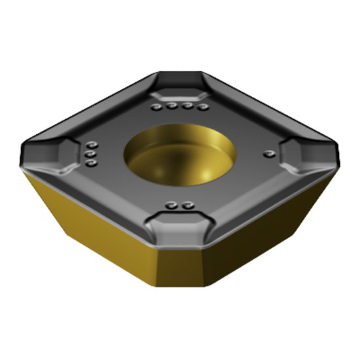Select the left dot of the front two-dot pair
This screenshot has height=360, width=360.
pyautogui.click(x=173, y=206)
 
